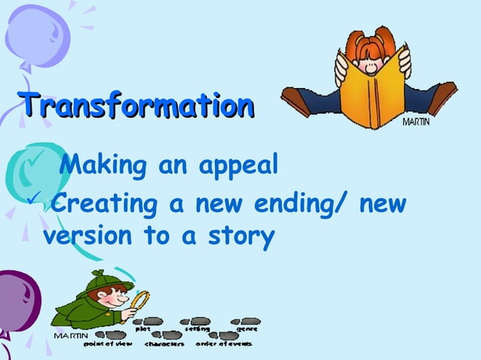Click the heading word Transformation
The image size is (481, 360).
pos(136,105)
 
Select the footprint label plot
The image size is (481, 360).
pos(142,329)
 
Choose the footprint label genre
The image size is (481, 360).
pos(247,329)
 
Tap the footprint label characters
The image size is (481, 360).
pos(164,343)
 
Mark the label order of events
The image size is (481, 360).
pos(224,343)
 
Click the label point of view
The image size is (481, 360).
pos(108,343)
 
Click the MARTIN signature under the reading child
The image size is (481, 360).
pos(416,122)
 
